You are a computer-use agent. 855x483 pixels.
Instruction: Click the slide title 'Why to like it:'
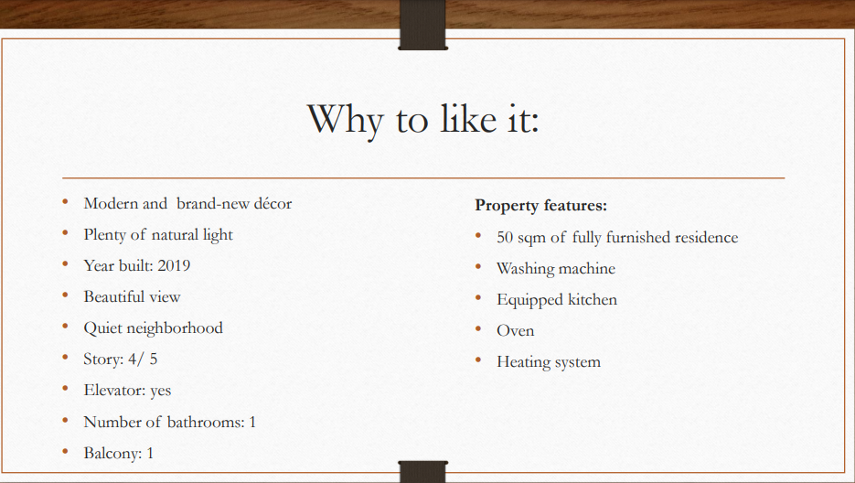[x=423, y=120]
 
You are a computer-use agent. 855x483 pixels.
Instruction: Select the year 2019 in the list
[x=174, y=266]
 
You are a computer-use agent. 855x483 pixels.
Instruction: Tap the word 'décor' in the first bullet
[x=273, y=204]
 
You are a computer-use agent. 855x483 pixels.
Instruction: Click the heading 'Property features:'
[x=541, y=206]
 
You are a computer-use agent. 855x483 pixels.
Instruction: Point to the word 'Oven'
[x=516, y=331]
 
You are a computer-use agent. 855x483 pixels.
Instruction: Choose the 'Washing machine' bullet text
[x=556, y=269]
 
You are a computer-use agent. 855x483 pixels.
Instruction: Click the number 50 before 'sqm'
[x=505, y=238]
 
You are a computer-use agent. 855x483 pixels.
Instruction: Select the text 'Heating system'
[x=549, y=362]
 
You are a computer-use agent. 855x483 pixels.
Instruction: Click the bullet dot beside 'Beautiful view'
[x=66, y=295]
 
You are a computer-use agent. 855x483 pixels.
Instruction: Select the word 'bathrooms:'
[x=206, y=422]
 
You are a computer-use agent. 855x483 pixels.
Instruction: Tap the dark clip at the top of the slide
[x=422, y=25]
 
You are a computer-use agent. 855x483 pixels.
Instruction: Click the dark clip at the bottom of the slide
[x=423, y=472]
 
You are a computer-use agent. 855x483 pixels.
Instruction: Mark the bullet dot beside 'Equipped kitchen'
[x=478, y=298]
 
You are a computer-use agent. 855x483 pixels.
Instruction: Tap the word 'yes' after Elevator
[x=160, y=391]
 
